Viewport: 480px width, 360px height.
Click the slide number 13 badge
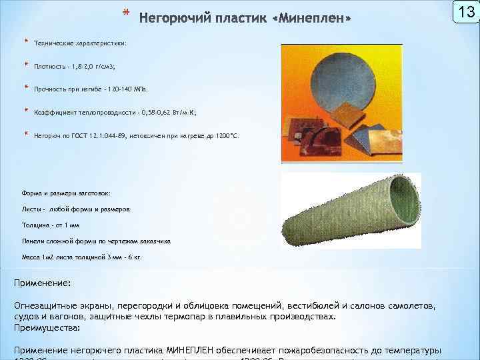tap(466, 12)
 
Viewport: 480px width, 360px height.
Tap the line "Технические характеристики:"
tap(79, 43)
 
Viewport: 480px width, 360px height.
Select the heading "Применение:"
tap(43, 283)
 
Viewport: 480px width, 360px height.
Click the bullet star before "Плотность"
tap(26, 65)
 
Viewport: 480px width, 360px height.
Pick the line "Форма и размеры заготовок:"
tap(66, 193)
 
